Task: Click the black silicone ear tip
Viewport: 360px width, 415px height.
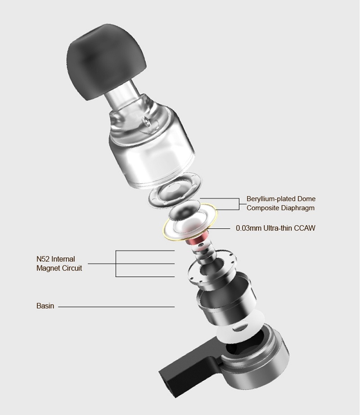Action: click(105, 60)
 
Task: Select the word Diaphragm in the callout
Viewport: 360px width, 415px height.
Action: click(298, 208)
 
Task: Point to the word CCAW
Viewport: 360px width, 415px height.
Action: click(306, 228)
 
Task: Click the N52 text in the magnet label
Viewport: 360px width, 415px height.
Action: click(43, 259)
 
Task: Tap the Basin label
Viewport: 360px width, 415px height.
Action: click(45, 306)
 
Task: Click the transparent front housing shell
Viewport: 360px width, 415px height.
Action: click(151, 148)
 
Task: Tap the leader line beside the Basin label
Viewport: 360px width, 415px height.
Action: click(116, 307)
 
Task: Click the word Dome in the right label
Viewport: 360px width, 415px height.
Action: click(307, 199)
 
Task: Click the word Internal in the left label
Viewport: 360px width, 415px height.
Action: click(63, 259)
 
